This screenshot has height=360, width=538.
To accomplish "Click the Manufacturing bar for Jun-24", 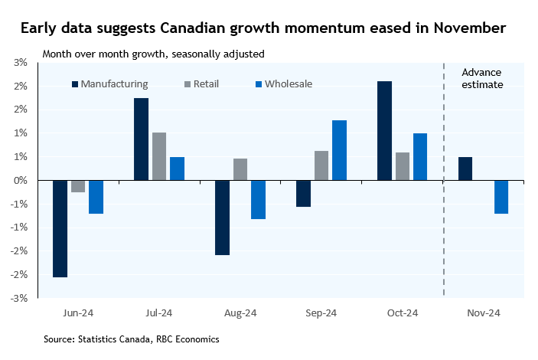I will pos(60,228).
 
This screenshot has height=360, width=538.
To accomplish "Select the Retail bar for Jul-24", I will pos(159,156).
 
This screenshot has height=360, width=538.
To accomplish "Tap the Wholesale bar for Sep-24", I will pos(339,150).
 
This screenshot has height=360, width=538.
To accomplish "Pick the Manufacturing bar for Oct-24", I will pos(384,130).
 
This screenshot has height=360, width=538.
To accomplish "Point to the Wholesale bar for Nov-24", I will pos(501,197).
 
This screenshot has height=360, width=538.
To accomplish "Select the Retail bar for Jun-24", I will pos(77,186).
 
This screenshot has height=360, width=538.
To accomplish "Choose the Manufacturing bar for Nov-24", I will pos(465,169).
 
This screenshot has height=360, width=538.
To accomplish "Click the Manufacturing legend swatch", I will pos(75,83).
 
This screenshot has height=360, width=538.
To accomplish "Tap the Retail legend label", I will pos(206,83).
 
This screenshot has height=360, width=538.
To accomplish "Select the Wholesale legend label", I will pos(289,83).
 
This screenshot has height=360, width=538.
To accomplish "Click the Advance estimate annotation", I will pos(483,78).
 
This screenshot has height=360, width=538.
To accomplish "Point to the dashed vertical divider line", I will pos(444,230).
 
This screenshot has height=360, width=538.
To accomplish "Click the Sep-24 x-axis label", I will pos(321,313).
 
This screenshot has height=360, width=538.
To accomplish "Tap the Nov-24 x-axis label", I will pos(484,313).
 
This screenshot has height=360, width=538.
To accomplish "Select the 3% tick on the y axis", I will pos(21,62).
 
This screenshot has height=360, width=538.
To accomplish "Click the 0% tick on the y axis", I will pos(21,180).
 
